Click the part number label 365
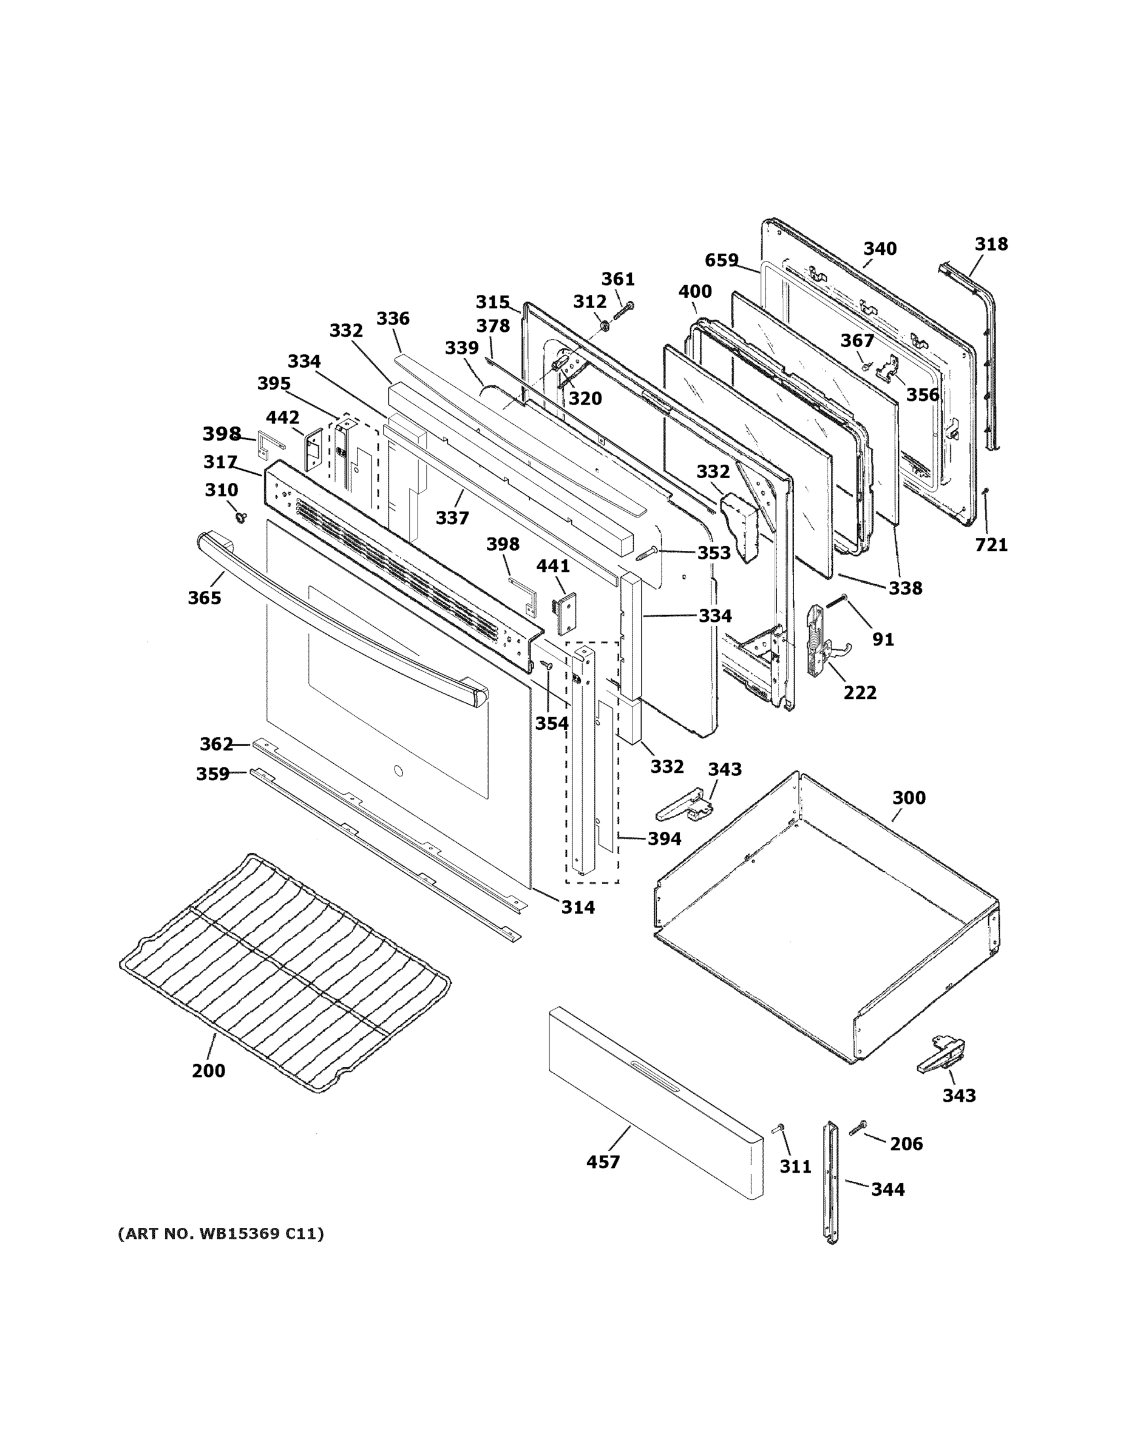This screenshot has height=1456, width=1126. pos(204,598)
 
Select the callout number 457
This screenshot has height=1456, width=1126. pos(603,1161)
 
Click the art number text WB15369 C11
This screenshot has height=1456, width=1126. pos(221,1234)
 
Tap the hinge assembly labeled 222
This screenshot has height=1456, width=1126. pos(818,641)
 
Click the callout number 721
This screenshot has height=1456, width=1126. pos(991,545)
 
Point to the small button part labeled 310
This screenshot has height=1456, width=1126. pos(240,517)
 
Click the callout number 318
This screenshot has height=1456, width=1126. pos(991,244)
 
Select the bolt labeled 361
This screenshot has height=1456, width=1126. pos(624,311)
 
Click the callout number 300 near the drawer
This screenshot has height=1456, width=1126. pos(909,797)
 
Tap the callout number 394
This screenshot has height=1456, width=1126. pos(665,838)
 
